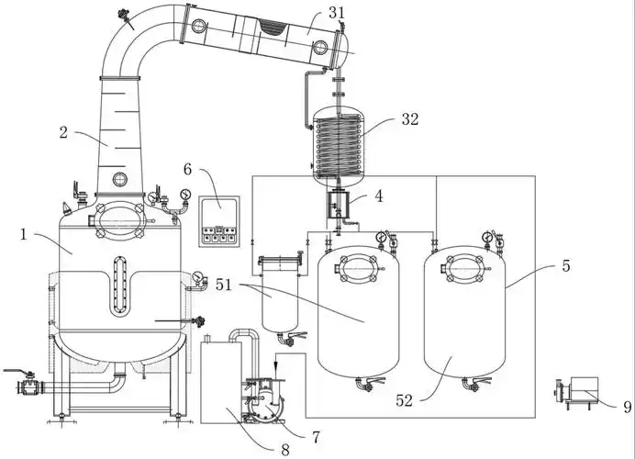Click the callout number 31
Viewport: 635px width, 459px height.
337,13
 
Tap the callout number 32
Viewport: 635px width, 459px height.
410,119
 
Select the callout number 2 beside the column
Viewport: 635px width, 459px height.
63,132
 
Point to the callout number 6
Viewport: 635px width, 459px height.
187,169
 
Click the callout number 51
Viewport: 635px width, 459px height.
224,285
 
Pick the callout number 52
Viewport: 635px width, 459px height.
404,400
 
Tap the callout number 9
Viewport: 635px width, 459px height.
628,407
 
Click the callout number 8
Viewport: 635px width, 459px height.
285,450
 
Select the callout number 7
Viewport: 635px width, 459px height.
316,437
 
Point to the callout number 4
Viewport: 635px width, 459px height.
379,196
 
